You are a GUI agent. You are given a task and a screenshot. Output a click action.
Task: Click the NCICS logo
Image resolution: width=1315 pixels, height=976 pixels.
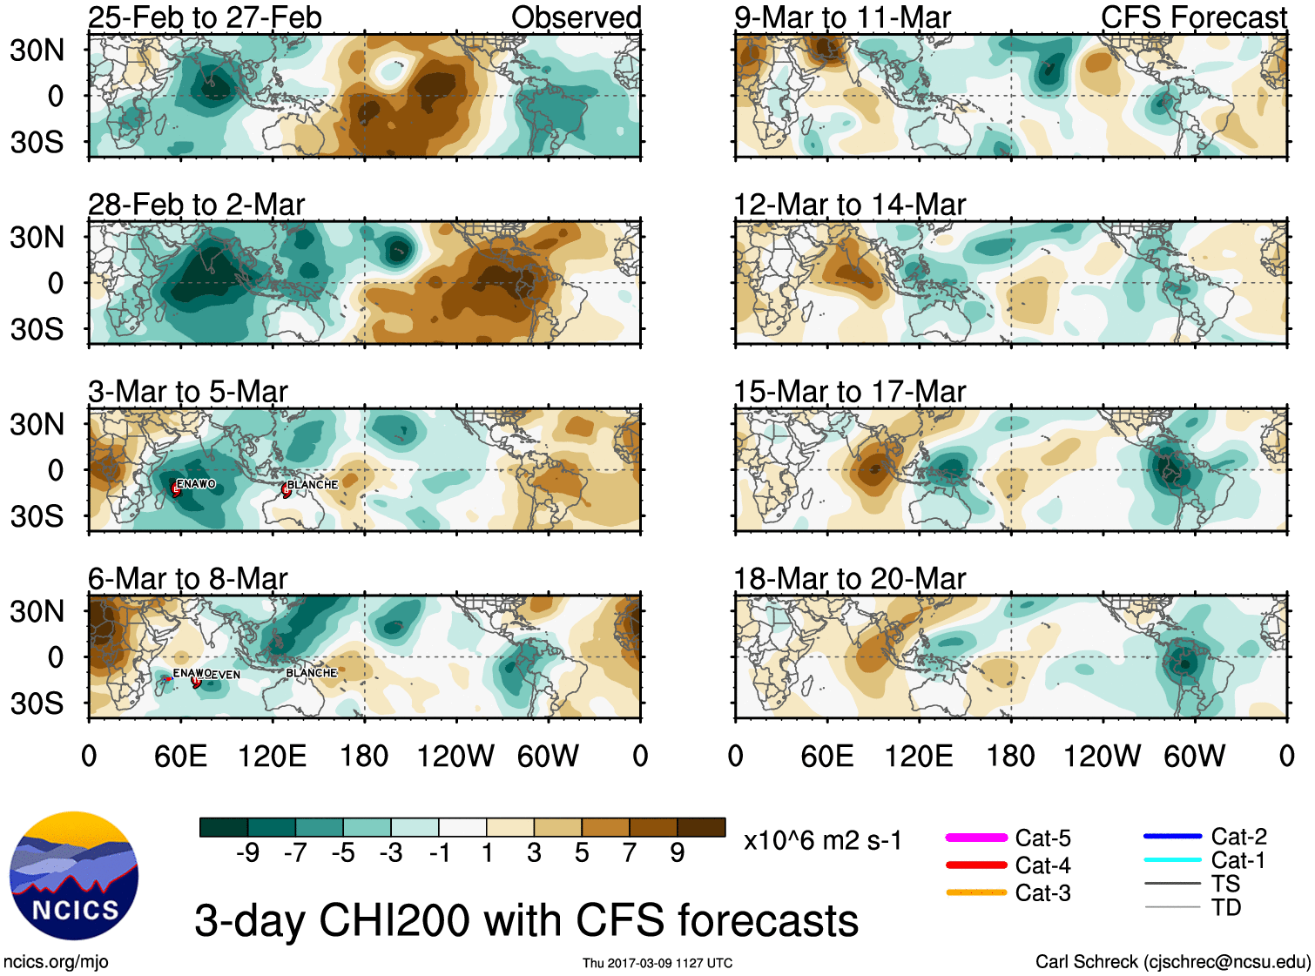[74, 876]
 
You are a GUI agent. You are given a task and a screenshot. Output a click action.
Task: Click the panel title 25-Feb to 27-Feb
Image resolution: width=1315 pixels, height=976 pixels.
[205, 17]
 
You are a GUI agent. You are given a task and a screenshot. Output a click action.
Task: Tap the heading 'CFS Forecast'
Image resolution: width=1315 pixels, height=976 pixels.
[1193, 17]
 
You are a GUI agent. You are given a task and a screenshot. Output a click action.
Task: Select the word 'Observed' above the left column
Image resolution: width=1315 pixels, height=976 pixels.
[576, 17]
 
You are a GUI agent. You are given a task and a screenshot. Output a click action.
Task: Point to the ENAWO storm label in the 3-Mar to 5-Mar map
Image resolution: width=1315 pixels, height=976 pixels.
[196, 484]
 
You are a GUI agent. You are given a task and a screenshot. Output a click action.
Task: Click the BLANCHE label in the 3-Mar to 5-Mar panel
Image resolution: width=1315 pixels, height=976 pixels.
[313, 485]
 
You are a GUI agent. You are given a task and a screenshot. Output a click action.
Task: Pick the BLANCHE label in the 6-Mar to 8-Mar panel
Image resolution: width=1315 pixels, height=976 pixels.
[312, 673]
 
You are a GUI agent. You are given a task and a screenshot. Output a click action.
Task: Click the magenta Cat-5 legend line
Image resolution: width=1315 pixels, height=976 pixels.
[976, 838]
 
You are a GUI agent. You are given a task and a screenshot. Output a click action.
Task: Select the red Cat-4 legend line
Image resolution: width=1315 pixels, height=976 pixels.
[976, 865]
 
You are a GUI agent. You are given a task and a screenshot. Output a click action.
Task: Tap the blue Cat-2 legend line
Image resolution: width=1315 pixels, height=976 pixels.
[1172, 837]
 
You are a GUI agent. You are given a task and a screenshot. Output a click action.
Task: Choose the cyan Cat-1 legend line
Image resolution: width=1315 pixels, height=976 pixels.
[1172, 860]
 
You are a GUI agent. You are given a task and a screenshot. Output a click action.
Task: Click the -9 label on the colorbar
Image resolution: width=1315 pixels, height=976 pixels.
[247, 853]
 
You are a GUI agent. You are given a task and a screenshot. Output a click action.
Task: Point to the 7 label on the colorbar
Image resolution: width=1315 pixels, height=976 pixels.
[630, 853]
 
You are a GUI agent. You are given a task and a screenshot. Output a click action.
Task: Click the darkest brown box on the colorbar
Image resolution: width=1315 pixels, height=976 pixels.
[701, 827]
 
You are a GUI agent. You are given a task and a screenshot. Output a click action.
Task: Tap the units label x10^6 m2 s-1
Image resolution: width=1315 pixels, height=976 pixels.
[822, 841]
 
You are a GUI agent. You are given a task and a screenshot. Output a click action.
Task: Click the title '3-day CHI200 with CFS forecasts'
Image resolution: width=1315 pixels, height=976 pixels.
[526, 921]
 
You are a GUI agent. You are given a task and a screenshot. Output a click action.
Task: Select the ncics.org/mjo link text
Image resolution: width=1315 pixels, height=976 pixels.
[56, 962]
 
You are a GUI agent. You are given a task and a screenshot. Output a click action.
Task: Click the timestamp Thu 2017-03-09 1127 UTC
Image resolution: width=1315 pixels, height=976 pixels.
[657, 963]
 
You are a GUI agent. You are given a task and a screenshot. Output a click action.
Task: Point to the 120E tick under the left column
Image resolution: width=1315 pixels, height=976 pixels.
[273, 756]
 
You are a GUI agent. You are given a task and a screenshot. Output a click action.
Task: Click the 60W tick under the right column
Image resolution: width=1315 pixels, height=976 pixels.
[1194, 756]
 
